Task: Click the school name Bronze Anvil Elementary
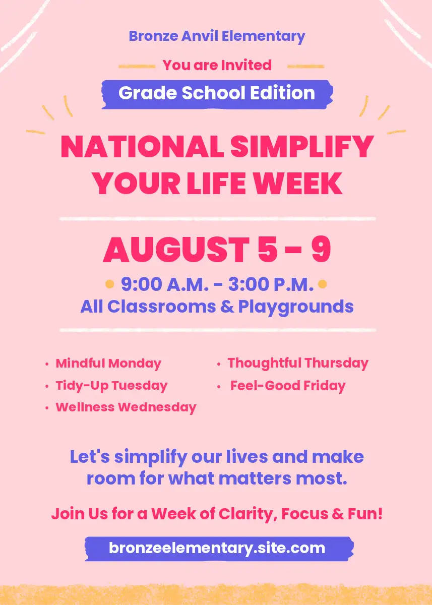point(217,36)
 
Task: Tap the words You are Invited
point(217,65)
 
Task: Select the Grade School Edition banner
point(217,94)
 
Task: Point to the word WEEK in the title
point(298,183)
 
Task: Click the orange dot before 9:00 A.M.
point(109,284)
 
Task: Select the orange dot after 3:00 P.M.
point(323,284)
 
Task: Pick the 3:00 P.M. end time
point(271,284)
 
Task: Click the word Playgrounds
point(296,308)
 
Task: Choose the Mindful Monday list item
point(108,364)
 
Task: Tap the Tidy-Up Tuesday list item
point(111,386)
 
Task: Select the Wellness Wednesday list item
point(126,407)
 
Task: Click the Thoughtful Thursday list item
point(298,364)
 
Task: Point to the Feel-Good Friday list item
point(288,386)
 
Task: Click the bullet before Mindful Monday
point(47,364)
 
